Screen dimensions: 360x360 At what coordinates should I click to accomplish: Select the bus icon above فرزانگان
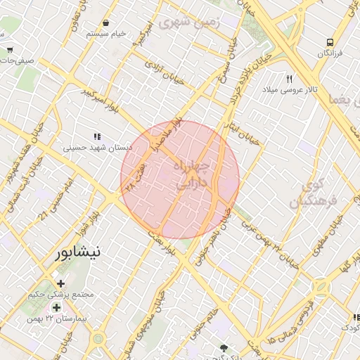pyautogui.click(x=329, y=41)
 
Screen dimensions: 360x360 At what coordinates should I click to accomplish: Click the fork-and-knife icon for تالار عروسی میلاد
pyautogui.click(x=290, y=79)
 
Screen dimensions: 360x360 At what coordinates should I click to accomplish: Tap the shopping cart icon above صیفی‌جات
pyautogui.click(x=10, y=49)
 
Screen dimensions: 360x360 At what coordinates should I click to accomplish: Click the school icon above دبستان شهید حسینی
pyautogui.click(x=98, y=136)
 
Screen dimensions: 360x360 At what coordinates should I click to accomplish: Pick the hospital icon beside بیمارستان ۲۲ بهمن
pyautogui.click(x=56, y=307)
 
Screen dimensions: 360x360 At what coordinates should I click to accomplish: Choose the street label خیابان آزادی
pyautogui.click(x=164, y=72)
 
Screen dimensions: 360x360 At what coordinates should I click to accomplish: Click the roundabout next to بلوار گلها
pyautogui.click(x=321, y=288)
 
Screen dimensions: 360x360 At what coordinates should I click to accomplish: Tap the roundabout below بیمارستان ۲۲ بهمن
pyautogui.click(x=98, y=339)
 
